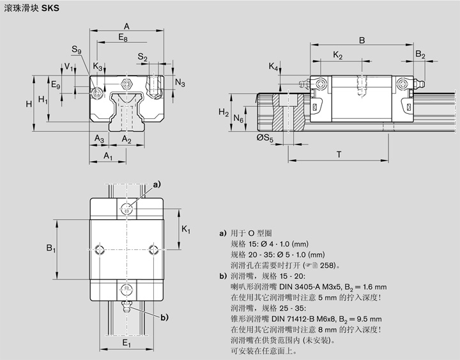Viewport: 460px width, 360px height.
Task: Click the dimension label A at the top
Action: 126,26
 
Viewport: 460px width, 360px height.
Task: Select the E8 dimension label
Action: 122,39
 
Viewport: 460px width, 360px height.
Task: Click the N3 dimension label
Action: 180,84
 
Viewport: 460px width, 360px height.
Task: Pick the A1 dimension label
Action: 108,156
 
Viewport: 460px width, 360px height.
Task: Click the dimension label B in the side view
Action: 362,40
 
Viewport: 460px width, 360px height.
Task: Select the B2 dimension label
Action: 420,56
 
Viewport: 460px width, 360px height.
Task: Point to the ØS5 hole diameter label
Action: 264,138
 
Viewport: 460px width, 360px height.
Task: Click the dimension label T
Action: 338,154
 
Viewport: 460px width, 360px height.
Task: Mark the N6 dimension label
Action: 239,119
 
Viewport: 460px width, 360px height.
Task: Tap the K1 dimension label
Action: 185,229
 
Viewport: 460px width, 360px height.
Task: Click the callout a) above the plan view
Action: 157,185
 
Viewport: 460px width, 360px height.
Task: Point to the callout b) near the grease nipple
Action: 164,317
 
